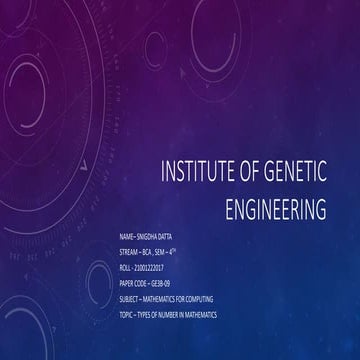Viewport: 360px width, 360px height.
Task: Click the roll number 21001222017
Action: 155,269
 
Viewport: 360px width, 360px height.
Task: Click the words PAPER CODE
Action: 134,284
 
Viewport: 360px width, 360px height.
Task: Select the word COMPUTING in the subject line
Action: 204,300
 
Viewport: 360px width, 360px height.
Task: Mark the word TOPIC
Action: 126,315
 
